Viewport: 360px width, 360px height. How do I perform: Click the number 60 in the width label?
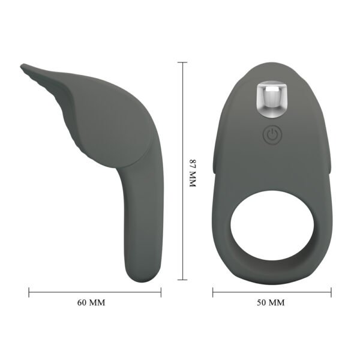tap(83, 302)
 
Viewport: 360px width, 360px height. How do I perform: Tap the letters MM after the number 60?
tap(97, 302)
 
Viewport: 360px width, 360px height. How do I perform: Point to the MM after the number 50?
tap(277, 302)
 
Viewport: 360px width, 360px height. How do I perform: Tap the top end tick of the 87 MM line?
tap(184, 62)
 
